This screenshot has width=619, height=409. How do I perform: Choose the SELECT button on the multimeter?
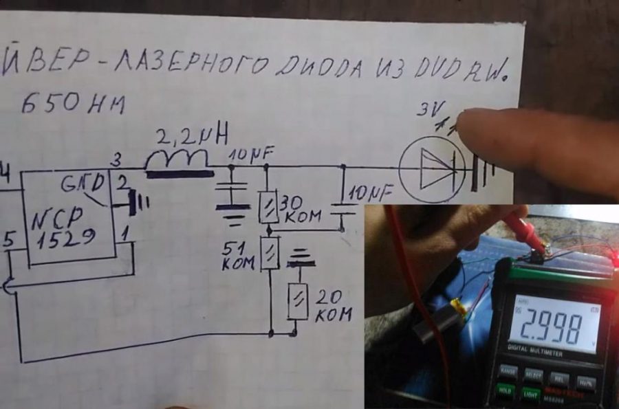(x=532, y=374)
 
